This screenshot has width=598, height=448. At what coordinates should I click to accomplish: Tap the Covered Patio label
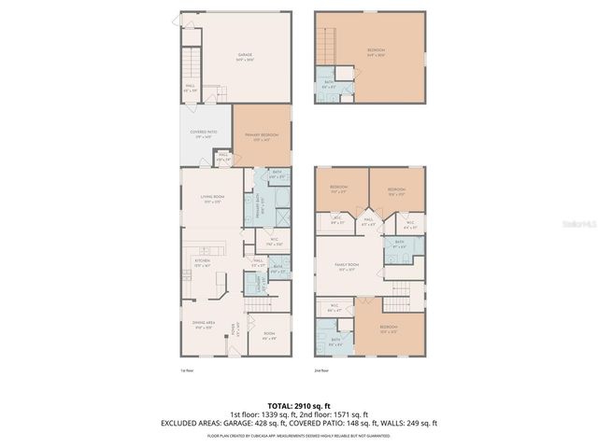(x=204, y=133)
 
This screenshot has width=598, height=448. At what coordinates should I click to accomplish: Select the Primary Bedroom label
(x=263, y=136)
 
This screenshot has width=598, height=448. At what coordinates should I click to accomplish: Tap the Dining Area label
(x=204, y=326)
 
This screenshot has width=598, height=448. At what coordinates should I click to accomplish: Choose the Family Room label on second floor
(x=348, y=266)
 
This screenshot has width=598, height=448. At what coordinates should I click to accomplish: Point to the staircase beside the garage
(x=192, y=64)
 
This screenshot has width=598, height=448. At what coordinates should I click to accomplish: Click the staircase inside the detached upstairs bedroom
(x=326, y=42)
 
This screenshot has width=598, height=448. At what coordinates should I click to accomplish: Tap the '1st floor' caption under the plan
(x=186, y=371)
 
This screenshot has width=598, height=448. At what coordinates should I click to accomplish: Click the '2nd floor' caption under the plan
(x=323, y=371)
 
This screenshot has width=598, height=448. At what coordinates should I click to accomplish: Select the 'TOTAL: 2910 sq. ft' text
(x=299, y=405)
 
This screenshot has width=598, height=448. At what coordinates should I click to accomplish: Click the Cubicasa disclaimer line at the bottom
(x=299, y=435)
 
